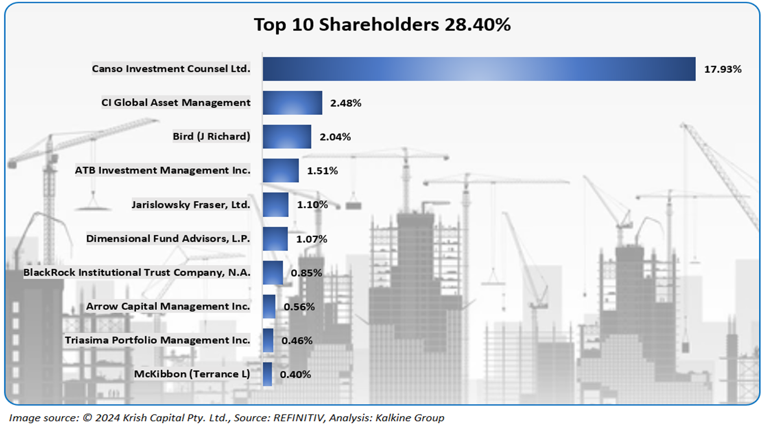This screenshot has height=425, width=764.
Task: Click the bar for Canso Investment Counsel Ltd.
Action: (479, 69)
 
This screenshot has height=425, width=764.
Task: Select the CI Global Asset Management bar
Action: (292, 103)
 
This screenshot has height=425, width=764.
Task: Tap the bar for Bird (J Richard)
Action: (287, 137)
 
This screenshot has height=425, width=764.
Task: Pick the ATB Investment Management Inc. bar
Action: (281, 171)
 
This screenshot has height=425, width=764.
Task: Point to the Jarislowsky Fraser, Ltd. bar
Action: (275, 205)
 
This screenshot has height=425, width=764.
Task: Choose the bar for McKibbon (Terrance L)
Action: (267, 374)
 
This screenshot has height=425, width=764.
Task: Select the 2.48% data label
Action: (346, 103)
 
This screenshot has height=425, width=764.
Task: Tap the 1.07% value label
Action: (311, 239)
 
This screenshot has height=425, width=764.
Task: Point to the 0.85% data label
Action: (306, 273)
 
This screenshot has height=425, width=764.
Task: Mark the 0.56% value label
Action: (299, 307)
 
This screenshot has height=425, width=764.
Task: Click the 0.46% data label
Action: (297, 341)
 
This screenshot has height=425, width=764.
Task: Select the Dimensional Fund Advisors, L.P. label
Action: (168, 239)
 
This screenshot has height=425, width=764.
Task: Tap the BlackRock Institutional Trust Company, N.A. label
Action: (137, 273)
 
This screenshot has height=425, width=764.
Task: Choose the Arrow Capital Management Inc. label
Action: (168, 307)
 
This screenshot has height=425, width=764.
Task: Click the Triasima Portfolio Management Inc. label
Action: (157, 340)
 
